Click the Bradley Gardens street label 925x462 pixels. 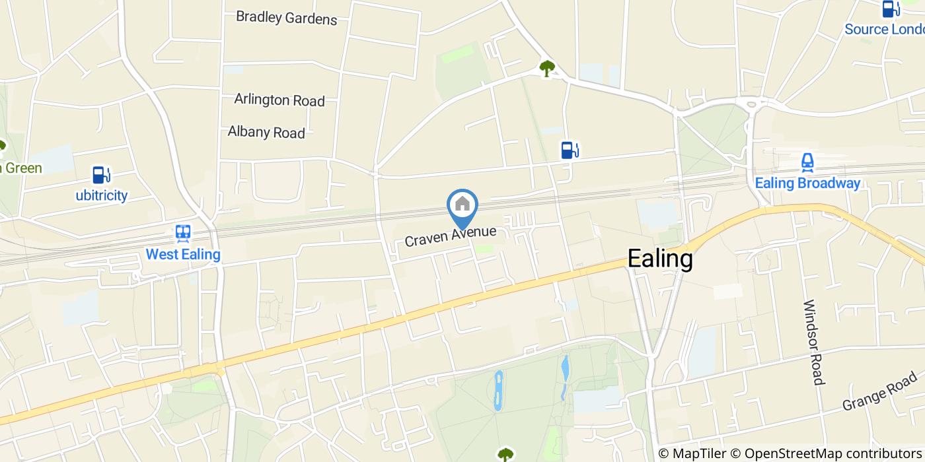[x=287, y=18]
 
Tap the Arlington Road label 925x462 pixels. [x=279, y=100]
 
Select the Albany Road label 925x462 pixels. [x=266, y=132]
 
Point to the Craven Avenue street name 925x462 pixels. [x=450, y=236]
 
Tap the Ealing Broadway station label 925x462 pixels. [x=807, y=183]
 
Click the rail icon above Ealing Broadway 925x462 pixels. [x=807, y=162]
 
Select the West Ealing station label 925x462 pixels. [x=183, y=253]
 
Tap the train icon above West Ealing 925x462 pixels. [x=183, y=233]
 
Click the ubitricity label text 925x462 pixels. [x=101, y=195]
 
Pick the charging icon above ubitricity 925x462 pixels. [x=101, y=175]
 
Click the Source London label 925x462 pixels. [x=884, y=29]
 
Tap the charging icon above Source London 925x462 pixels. [x=891, y=9]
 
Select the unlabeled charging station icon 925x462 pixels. [x=569, y=150]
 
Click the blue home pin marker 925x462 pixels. [x=462, y=207]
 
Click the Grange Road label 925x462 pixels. [x=880, y=391]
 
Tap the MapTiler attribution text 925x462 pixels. [x=692, y=453]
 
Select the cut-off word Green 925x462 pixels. [x=21, y=168]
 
